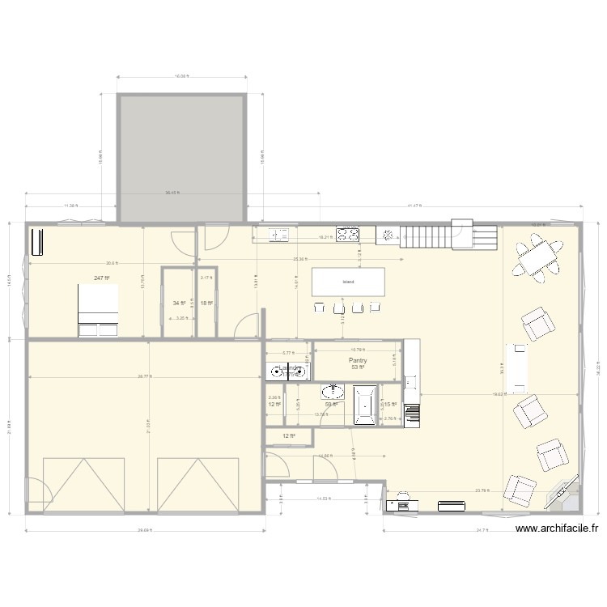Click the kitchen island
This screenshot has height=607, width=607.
[349, 282]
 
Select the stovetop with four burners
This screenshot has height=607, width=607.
[349, 235]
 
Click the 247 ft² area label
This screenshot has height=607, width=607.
[101, 278]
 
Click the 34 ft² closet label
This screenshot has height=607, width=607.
[179, 303]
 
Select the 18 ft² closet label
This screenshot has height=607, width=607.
[206, 303]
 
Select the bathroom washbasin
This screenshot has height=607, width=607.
[333, 393]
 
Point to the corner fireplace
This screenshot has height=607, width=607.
[563, 493]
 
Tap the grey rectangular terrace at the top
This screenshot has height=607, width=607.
[181, 158]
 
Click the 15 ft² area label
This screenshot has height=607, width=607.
[388, 405]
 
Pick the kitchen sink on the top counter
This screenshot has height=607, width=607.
[278, 235]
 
